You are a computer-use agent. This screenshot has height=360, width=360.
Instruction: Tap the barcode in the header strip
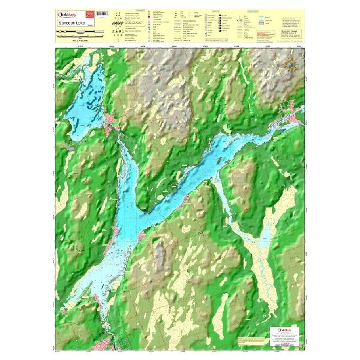(x=101, y=13)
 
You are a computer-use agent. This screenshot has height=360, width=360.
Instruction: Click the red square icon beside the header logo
(x=90, y=13)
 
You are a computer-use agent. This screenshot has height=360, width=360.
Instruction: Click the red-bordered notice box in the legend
(x=262, y=37)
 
